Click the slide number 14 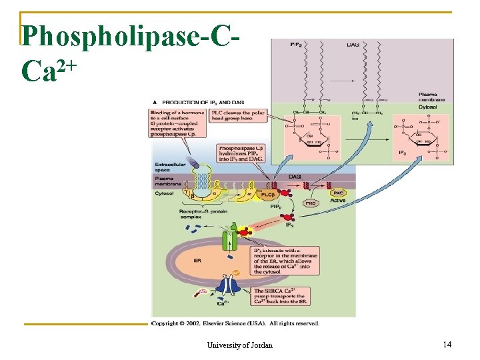tap(447, 344)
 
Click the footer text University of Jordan tap(240, 345)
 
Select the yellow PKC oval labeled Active tap(338, 193)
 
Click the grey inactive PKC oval tap(310, 202)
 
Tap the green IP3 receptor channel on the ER tap(230, 239)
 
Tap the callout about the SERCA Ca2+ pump tap(280, 297)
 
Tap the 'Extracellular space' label tap(167, 167)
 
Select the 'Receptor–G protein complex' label tap(198, 215)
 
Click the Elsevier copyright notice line tap(235, 323)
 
